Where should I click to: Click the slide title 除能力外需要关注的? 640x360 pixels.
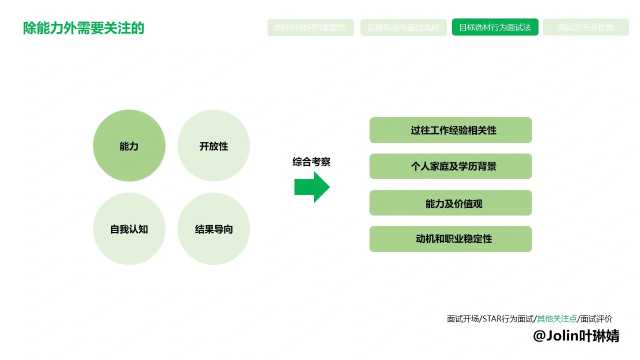pos(83,28)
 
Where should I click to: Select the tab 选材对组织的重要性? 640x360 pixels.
pos(310,27)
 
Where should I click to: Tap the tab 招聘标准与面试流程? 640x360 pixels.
pos(403,27)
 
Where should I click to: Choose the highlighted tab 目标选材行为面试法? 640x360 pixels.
pos(495,27)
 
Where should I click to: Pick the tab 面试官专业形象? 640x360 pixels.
pos(585,27)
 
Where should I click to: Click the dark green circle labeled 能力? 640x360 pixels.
pos(129,146)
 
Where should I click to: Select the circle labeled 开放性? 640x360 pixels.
pos(213,146)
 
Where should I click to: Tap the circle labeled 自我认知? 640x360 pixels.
pos(129,229)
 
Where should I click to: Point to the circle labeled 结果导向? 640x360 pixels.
pos(213,229)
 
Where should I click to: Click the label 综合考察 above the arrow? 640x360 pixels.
pos(311,162)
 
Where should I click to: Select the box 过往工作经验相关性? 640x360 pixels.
pos(450,130)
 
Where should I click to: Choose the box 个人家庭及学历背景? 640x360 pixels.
pos(450,166)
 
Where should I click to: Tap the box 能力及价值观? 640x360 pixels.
pos(450,203)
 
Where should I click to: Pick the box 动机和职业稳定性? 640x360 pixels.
pos(450,239)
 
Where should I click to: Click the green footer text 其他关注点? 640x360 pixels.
pos(556,319)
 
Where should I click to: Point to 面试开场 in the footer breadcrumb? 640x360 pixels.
pos(462,319)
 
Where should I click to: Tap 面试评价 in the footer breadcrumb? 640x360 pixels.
pos(596,319)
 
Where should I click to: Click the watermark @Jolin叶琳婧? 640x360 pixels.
pos(576,336)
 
